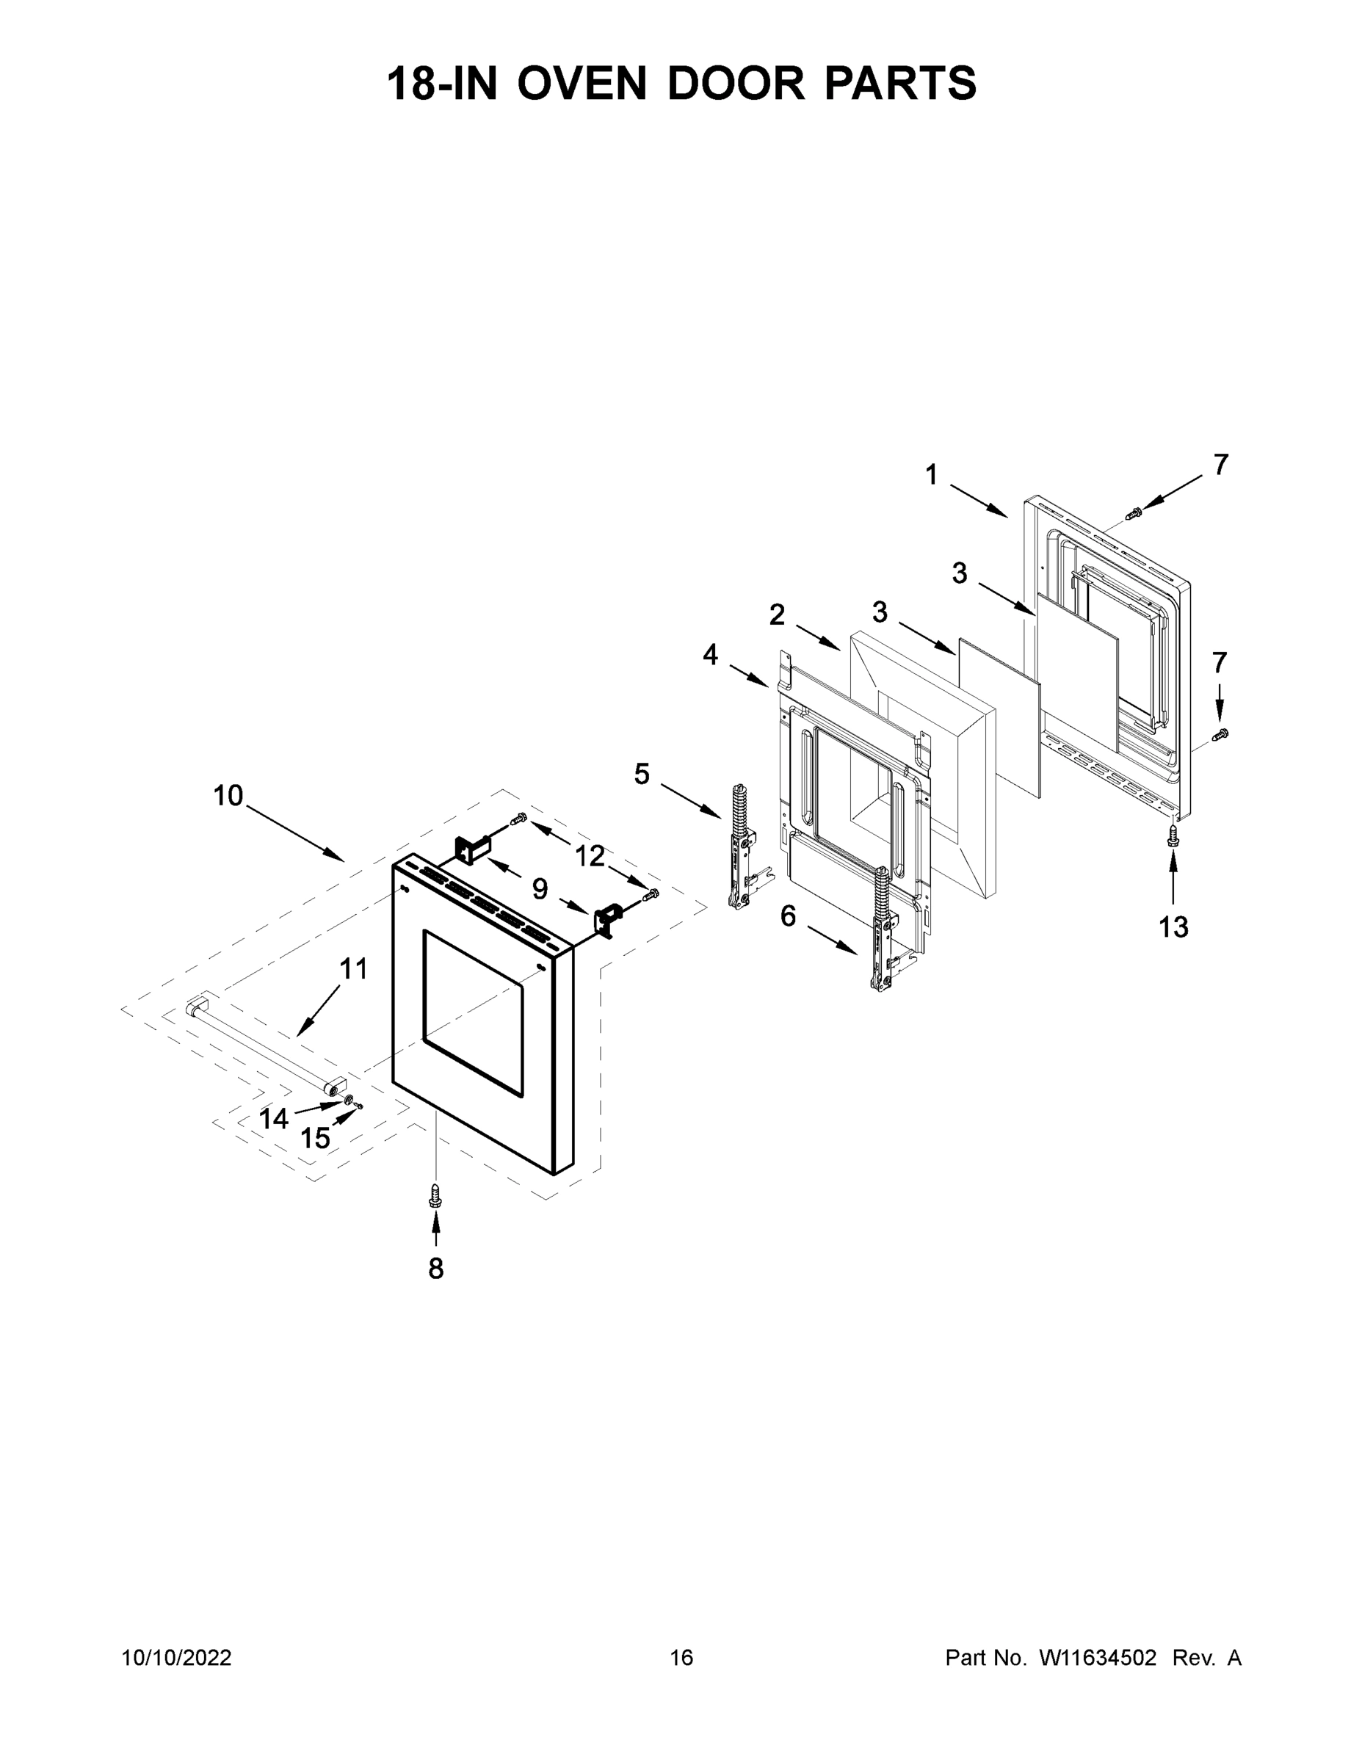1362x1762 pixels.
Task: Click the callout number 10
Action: pyautogui.click(x=228, y=797)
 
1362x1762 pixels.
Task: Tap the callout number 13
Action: pyautogui.click(x=1173, y=928)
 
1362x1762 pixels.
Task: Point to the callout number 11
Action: pyautogui.click(x=353, y=969)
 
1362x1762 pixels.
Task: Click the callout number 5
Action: pyautogui.click(x=642, y=775)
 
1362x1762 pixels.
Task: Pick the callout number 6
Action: pyautogui.click(x=789, y=916)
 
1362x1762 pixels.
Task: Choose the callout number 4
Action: pyautogui.click(x=710, y=654)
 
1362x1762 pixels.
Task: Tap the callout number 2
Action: pyautogui.click(x=777, y=614)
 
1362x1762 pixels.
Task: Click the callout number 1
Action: pyautogui.click(x=931, y=475)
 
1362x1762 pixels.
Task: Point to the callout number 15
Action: pyautogui.click(x=315, y=1139)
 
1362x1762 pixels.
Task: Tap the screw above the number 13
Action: pyautogui.click(x=1173, y=837)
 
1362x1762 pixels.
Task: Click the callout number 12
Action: pyautogui.click(x=590, y=856)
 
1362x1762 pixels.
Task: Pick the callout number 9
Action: pyautogui.click(x=540, y=889)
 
